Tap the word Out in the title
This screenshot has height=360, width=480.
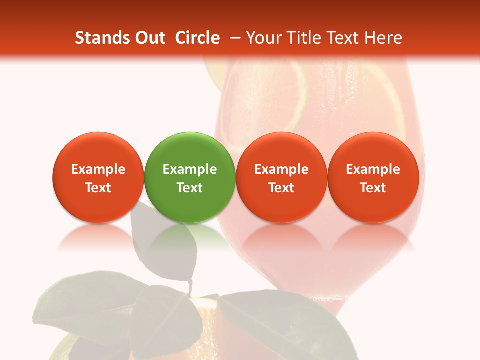tap(148, 38)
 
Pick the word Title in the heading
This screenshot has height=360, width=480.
tap(302, 38)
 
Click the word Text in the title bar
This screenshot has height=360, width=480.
tap(343, 38)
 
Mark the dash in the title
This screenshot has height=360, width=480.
tap(233, 38)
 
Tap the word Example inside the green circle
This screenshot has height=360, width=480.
tap(190, 169)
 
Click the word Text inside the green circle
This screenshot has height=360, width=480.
tap(190, 188)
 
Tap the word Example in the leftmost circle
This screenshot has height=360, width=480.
tap(98, 169)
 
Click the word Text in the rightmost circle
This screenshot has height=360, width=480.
tap(373, 188)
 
